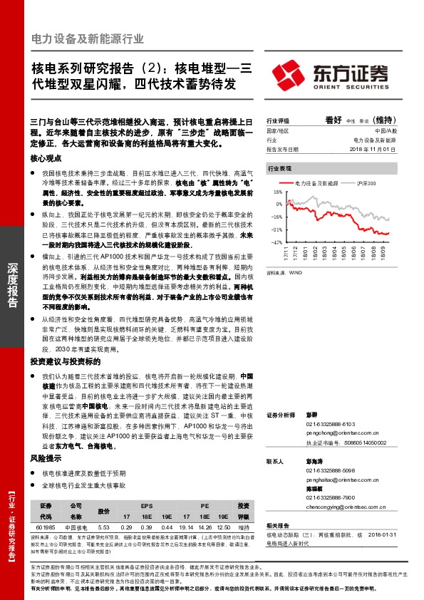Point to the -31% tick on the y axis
tap(276, 229)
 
